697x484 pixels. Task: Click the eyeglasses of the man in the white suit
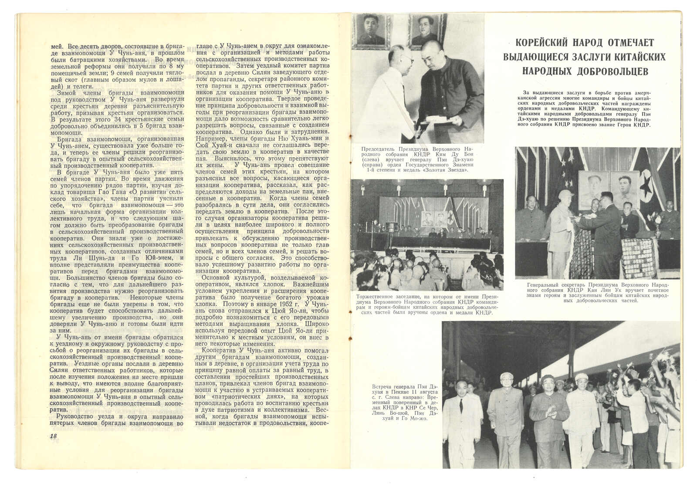tap(406, 58)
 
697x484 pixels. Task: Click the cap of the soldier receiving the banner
tap(566, 194)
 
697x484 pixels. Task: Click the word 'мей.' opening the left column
tap(58, 46)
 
